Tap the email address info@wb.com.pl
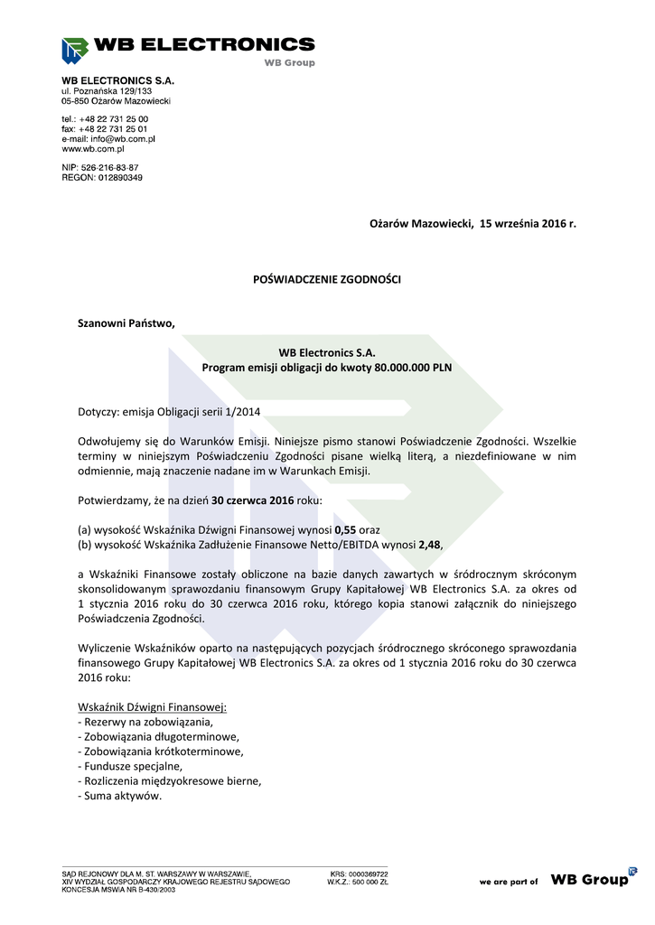click(x=120, y=139)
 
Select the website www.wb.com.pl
click(x=92, y=149)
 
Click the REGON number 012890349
click(x=114, y=178)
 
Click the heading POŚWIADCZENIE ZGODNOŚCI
click(x=326, y=280)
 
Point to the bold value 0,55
click(x=345, y=529)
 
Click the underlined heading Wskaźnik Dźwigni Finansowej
click(x=152, y=706)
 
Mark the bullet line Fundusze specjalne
click(x=130, y=765)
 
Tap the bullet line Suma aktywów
click(x=120, y=796)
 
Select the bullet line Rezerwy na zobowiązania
click(x=145, y=722)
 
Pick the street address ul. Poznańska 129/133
click(x=107, y=91)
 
